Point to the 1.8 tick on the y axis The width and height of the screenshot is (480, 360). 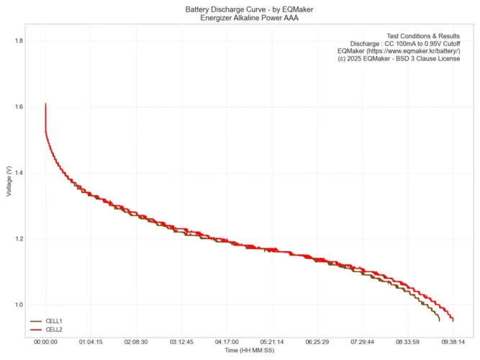click(x=18, y=41)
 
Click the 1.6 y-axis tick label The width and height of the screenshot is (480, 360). click(x=18, y=107)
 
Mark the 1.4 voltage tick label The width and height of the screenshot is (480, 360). click(x=18, y=173)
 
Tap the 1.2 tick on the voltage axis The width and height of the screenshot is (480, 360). click(x=18, y=239)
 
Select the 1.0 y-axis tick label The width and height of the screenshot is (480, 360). click(x=18, y=305)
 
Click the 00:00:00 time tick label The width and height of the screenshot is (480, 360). click(x=45, y=343)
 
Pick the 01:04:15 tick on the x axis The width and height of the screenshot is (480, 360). click(x=91, y=343)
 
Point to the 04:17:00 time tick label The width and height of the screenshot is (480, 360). click(x=227, y=343)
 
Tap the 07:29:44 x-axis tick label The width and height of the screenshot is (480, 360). click(x=362, y=343)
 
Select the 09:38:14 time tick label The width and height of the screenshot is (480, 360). click(x=453, y=343)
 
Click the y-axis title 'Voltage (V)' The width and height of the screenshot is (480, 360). click(x=8, y=181)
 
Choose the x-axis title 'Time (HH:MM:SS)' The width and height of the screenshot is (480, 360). click(x=249, y=351)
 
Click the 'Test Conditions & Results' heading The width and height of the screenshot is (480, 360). click(x=423, y=35)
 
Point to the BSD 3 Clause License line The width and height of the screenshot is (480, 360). click(x=399, y=59)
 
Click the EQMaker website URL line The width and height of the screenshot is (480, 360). click(x=399, y=51)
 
